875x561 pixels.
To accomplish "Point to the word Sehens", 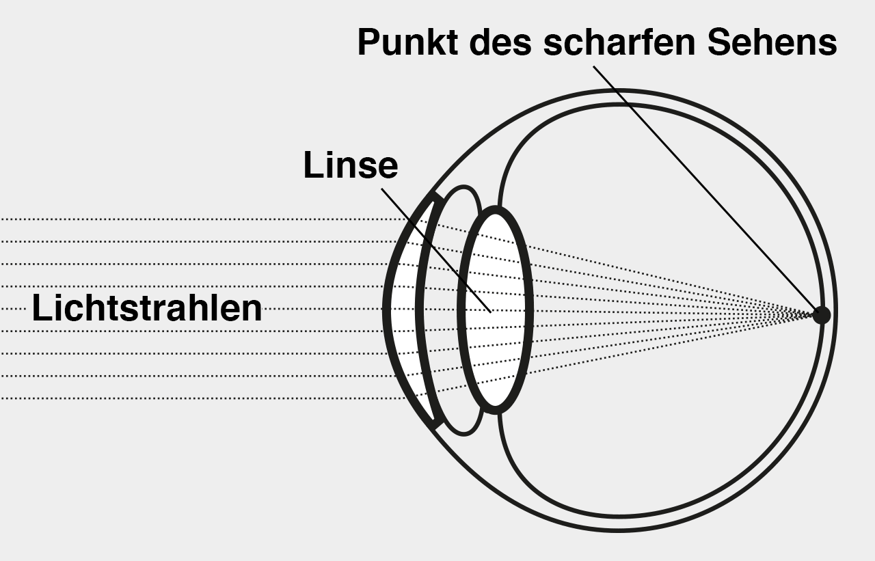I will coord(772,42).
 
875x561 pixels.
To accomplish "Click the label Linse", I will coord(351,166).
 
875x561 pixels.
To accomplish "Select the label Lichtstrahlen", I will coord(147,309).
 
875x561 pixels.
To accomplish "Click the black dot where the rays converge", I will coord(821,315).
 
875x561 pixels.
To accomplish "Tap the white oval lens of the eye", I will coord(496,273).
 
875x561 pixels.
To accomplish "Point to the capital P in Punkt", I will coord(369,42).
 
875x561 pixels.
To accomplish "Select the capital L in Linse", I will coord(312,166).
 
